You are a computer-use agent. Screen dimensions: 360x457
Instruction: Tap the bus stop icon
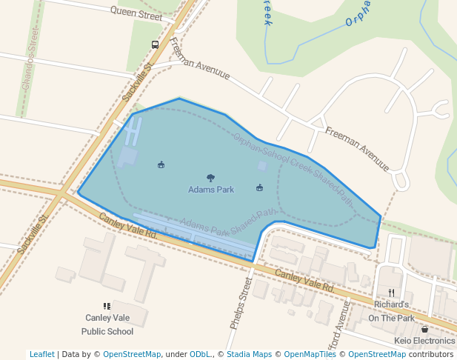[155, 44]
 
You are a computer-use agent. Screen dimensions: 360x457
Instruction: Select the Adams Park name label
[211, 190]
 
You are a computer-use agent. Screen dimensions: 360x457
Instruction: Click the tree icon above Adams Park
[211, 178]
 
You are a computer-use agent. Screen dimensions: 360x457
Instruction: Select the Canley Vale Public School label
[107, 324]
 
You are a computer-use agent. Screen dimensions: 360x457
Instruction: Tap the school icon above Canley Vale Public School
[107, 305]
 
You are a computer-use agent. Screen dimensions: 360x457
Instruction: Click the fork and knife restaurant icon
[391, 293]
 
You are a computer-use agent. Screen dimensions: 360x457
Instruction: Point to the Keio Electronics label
[424, 341]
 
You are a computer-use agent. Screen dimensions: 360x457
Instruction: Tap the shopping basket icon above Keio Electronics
[424, 329]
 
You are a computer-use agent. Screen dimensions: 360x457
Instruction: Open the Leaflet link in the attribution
[42, 354]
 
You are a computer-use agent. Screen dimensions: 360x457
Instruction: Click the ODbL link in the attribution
[200, 354]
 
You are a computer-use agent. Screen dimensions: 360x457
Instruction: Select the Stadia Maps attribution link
[249, 354]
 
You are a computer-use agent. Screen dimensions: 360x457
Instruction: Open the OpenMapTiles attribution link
[310, 354]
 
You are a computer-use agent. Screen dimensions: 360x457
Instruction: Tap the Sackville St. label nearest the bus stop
[137, 81]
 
